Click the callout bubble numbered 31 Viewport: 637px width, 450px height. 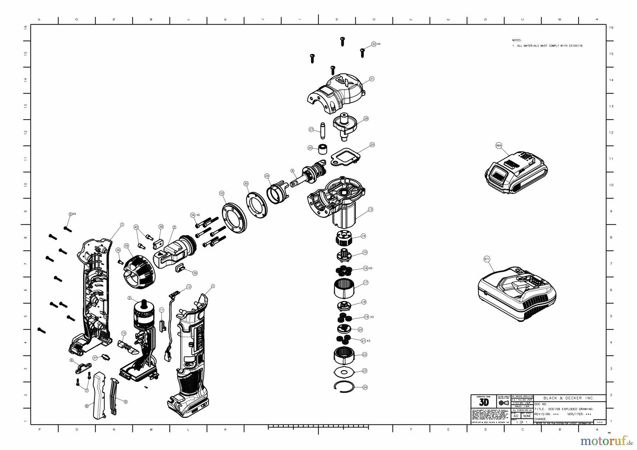click(372, 79)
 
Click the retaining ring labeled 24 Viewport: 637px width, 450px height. click(344, 387)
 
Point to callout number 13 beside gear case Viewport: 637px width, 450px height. click(371, 209)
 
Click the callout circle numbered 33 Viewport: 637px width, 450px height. click(222, 193)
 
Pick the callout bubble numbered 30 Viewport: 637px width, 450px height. click(246, 184)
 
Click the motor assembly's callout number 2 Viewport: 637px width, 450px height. click(130, 298)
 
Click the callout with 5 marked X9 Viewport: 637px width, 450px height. click(70, 214)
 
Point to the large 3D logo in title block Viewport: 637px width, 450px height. click(483, 403)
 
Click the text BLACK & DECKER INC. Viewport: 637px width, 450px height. click(569, 398)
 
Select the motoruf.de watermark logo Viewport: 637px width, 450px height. click(606, 441)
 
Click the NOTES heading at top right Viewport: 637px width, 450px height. click(517, 40)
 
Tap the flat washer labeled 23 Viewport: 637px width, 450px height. click(344, 372)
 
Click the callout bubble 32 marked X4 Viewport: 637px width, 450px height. click(374, 44)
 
